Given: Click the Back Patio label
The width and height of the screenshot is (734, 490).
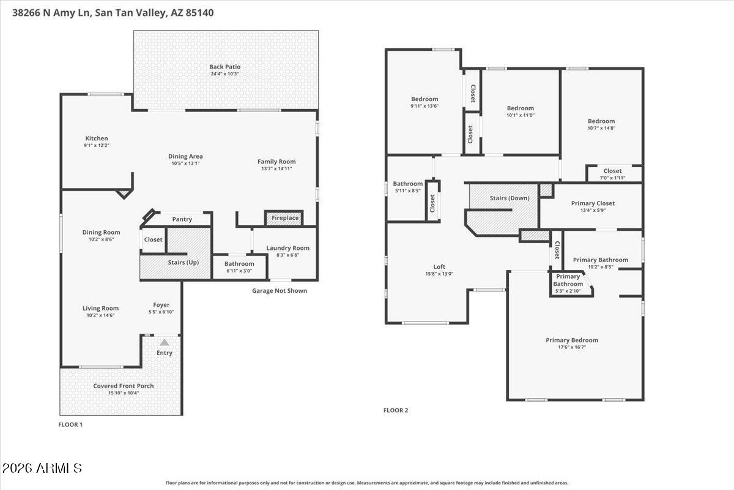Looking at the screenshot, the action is click(225, 67).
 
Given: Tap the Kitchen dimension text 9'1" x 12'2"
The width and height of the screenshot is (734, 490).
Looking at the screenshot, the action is click(97, 145).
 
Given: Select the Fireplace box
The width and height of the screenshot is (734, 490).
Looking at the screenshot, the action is click(284, 218).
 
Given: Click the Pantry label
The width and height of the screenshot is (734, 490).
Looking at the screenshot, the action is click(182, 219).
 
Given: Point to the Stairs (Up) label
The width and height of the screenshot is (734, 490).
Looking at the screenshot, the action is click(183, 262).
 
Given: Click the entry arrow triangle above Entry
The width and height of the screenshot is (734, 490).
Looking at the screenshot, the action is click(165, 342).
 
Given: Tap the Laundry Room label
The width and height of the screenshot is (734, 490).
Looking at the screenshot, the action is click(287, 248).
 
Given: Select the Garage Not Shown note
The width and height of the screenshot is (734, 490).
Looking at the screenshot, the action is click(280, 291).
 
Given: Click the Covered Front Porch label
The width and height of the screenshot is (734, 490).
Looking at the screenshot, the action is click(124, 386).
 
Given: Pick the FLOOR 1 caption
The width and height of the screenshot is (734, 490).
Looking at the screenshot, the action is click(70, 424).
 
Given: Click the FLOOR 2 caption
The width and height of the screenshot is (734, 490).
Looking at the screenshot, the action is click(396, 410).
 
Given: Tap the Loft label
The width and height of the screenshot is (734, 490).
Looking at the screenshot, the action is click(439, 267).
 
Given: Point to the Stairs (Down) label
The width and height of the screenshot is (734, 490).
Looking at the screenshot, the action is click(510, 198).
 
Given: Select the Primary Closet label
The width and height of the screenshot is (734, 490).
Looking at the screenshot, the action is click(593, 203).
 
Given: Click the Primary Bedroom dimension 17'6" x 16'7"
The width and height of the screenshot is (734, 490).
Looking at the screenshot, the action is click(572, 347).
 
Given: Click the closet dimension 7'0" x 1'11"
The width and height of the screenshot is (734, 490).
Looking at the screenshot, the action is click(612, 178).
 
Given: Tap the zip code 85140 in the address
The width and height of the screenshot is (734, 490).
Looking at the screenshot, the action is click(199, 13).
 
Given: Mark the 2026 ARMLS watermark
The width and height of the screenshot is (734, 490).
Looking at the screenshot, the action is click(42, 469).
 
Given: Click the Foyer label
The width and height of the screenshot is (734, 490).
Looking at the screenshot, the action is click(161, 305).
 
